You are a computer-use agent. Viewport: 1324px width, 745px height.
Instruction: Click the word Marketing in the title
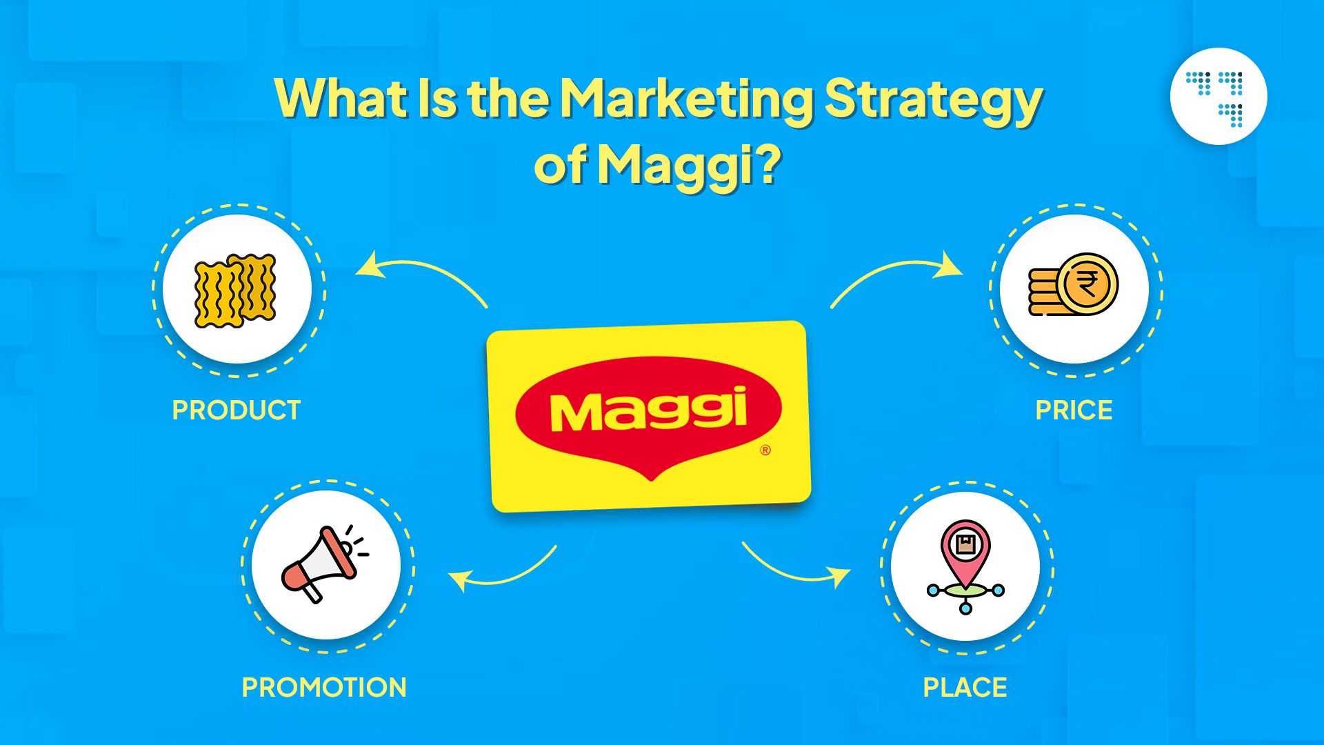(x=686, y=99)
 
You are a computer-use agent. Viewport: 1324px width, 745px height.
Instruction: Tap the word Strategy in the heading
(x=933, y=100)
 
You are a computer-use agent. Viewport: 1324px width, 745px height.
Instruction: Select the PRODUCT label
(x=236, y=410)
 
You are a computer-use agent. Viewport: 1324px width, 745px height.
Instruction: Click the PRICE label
(x=1074, y=410)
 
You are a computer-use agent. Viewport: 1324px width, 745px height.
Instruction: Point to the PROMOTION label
(x=324, y=687)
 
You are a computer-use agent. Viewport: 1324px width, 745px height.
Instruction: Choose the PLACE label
(x=965, y=687)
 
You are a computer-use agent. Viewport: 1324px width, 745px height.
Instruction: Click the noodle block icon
(x=236, y=290)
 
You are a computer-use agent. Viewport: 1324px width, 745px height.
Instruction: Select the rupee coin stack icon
(x=1073, y=284)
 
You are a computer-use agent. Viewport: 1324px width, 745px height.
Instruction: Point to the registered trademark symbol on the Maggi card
(x=765, y=450)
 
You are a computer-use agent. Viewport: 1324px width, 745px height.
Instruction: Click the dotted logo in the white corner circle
(x=1218, y=97)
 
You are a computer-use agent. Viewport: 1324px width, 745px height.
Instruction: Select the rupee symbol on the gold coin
(x=1087, y=284)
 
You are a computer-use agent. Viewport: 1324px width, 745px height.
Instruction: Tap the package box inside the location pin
(x=965, y=544)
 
